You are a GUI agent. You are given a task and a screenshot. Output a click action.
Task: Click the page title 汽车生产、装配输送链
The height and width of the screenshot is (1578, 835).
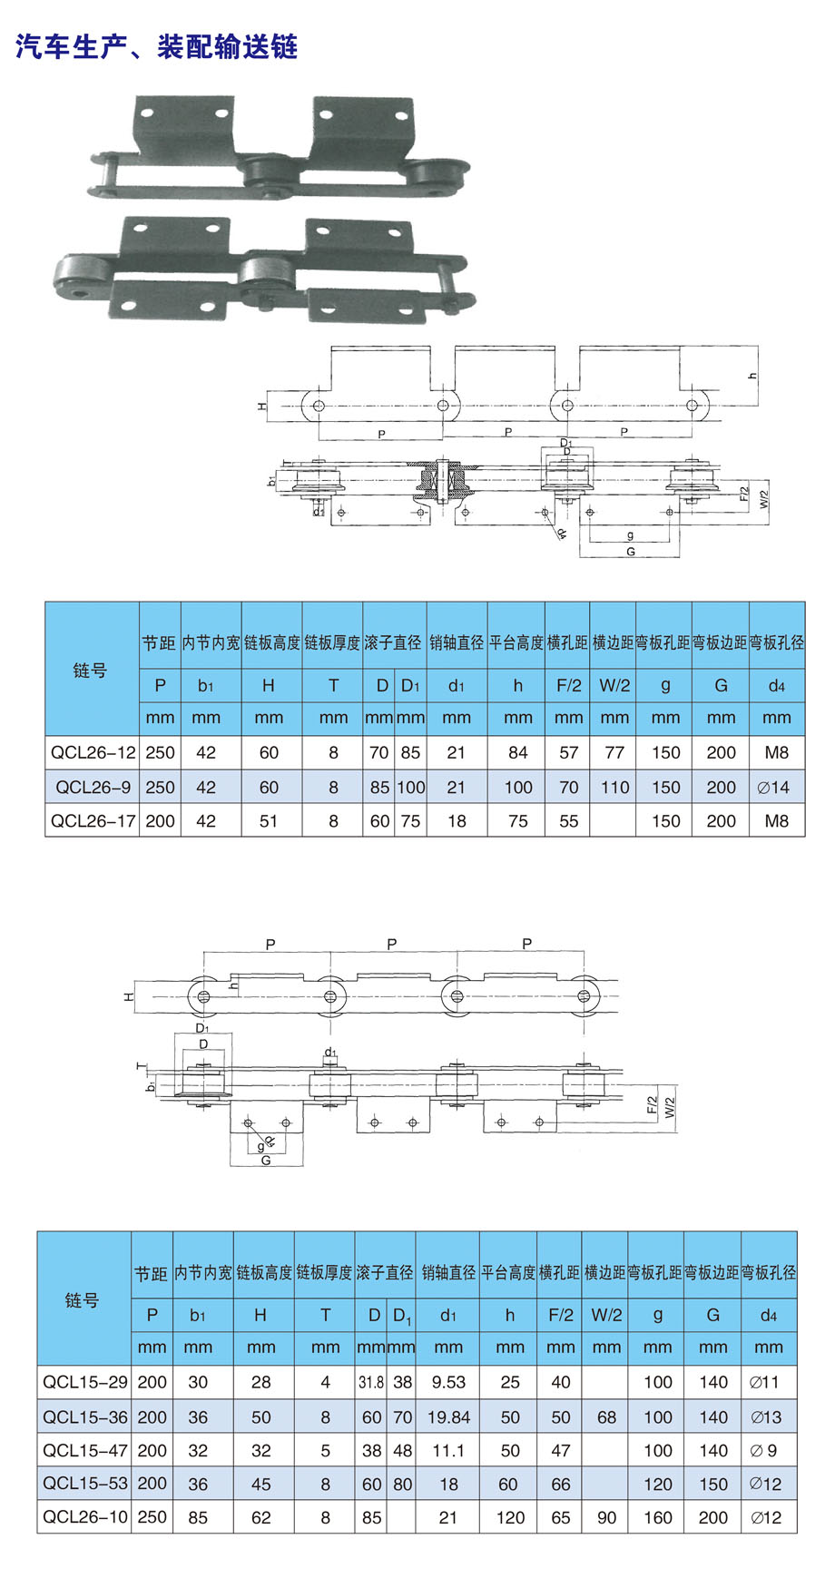(157, 46)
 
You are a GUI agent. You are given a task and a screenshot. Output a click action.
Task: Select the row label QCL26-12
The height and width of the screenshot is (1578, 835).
(93, 752)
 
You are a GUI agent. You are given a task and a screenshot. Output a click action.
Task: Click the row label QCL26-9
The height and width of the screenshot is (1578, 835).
(93, 787)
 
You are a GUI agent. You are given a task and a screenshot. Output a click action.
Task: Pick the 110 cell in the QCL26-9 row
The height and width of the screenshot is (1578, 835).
(614, 787)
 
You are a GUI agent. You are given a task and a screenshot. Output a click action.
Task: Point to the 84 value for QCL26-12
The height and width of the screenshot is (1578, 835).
(518, 752)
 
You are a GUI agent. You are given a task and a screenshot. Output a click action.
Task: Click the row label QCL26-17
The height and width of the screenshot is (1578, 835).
(93, 821)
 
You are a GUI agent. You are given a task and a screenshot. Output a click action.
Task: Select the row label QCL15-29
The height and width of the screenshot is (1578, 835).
(85, 1382)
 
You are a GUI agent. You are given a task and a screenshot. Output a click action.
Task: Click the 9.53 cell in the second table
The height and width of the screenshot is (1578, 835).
(448, 1382)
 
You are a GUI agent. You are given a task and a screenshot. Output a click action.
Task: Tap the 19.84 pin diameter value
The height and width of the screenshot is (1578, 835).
(448, 1416)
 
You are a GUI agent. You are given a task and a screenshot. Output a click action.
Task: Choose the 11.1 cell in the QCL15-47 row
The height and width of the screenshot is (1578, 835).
(448, 1450)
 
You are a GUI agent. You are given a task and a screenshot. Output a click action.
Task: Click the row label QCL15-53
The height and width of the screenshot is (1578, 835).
(85, 1484)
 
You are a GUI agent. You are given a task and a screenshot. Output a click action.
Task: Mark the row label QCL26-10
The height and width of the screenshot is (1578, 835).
(85, 1517)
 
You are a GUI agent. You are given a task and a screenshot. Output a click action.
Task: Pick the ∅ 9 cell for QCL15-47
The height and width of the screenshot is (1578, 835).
(764, 1450)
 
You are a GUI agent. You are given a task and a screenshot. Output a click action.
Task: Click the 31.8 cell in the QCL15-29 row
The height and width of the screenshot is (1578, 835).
(370, 1382)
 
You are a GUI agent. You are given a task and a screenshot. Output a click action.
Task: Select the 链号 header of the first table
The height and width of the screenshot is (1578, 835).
(90, 671)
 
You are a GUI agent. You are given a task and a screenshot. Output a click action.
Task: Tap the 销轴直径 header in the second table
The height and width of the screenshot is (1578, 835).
(448, 1273)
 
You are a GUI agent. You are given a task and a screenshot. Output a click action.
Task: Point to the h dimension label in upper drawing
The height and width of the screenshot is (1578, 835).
(752, 376)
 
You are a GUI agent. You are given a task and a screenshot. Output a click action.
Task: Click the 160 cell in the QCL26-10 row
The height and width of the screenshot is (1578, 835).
(658, 1517)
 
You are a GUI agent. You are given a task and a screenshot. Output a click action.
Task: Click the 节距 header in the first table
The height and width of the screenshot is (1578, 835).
(159, 642)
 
